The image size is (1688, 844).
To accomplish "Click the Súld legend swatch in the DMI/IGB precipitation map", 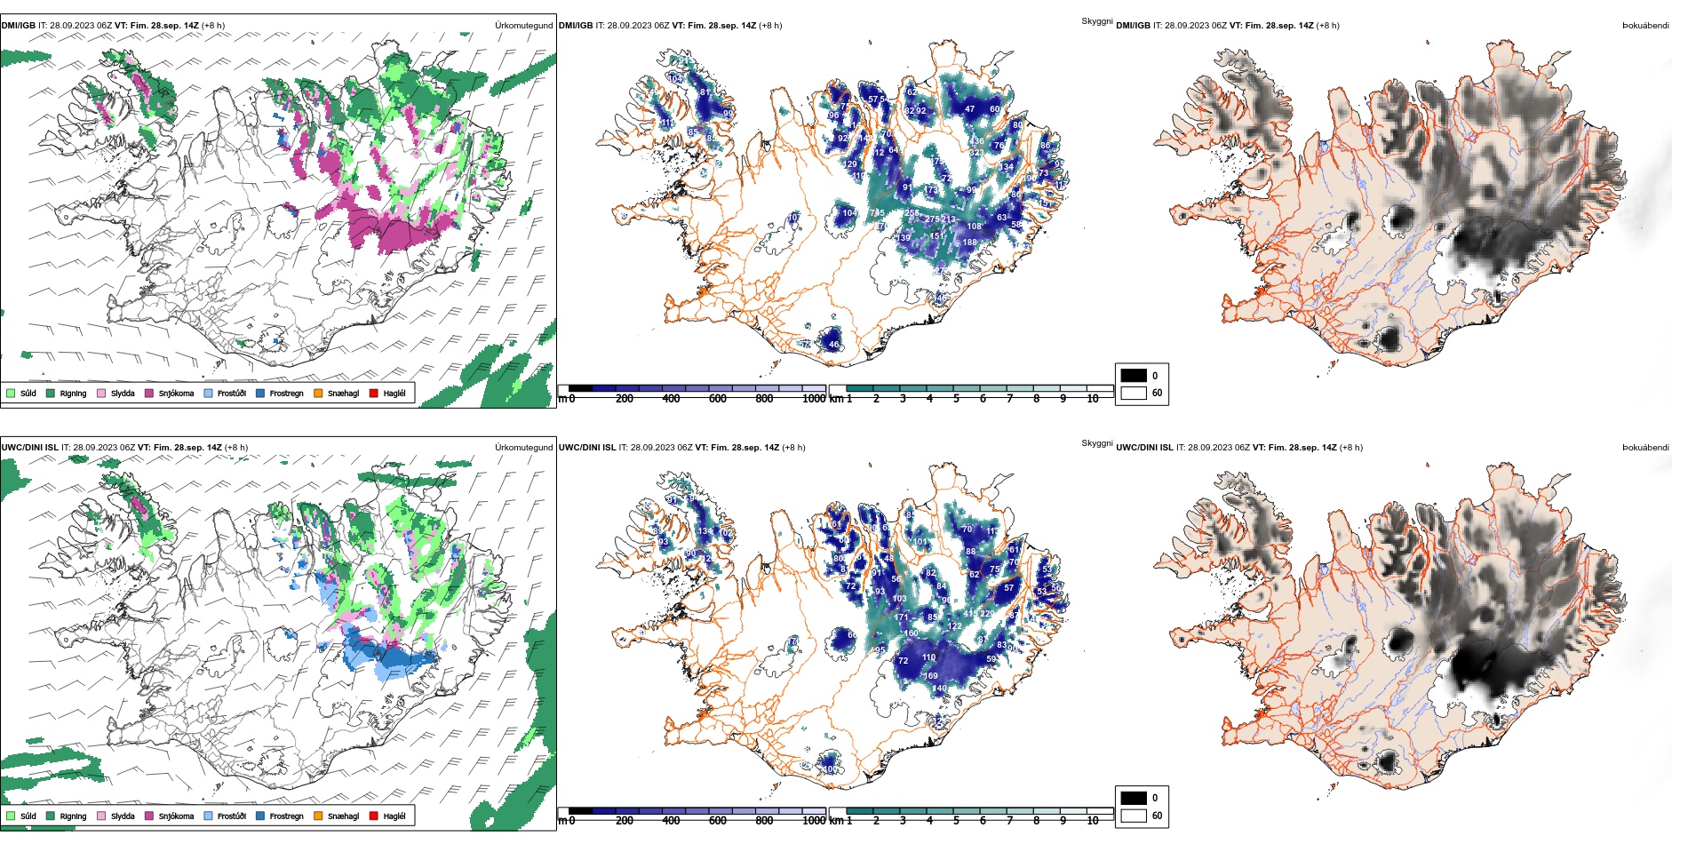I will (11, 393).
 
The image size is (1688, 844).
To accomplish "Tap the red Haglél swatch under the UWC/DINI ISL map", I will (373, 816).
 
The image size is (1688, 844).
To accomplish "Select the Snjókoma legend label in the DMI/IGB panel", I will (176, 394).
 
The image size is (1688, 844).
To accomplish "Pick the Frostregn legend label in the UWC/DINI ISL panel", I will (286, 816).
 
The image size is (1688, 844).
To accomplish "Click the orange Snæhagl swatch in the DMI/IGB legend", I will (318, 393).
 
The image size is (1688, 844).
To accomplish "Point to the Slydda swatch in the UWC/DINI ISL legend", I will (101, 816).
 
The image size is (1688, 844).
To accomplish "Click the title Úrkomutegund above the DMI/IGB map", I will (523, 26).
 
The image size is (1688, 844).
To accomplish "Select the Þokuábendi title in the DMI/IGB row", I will (1645, 26).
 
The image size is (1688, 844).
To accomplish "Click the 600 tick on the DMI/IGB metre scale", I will (718, 399).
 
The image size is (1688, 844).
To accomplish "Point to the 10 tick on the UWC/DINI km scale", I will (1093, 821).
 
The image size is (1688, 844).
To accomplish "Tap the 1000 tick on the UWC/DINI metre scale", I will (814, 821).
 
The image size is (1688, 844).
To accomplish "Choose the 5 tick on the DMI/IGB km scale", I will (956, 399).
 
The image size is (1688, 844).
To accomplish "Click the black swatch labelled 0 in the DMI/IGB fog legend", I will (1134, 375).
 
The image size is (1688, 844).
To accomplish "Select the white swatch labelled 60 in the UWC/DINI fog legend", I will (1134, 815).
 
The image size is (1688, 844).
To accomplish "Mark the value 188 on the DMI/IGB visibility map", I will (969, 242).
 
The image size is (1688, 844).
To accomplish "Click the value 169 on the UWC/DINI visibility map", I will (930, 676).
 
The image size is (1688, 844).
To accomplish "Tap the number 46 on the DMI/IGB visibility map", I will (833, 344).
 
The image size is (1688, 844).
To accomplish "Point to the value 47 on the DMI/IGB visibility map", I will (969, 109).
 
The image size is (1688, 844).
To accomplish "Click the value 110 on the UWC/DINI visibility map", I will (928, 657).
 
